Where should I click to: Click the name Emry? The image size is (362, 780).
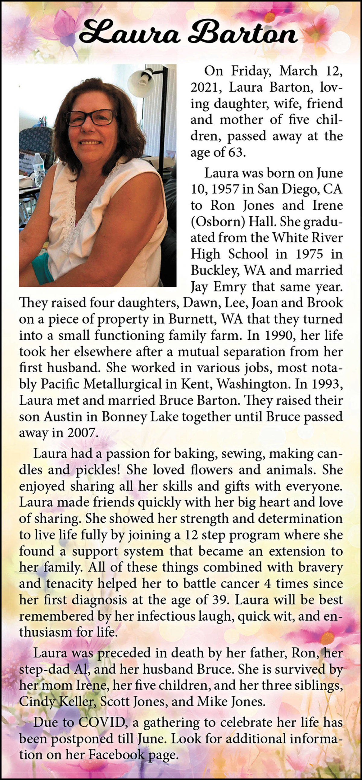coord(230,286)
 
